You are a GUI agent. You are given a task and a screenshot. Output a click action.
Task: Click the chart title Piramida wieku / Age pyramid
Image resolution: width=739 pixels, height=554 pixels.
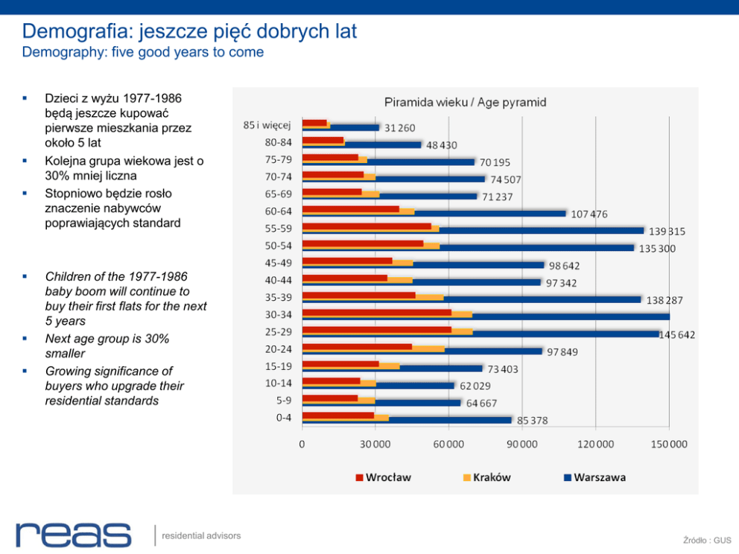click(465, 102)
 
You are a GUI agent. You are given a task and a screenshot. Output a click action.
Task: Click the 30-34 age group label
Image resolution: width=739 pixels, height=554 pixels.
click(278, 314)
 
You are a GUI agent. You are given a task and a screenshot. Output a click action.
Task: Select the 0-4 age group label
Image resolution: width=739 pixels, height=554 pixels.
click(283, 418)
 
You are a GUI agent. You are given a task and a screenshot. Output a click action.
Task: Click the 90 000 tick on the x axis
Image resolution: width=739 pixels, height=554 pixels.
click(522, 445)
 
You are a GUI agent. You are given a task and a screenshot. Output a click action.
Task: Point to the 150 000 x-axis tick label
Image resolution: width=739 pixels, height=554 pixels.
click(669, 445)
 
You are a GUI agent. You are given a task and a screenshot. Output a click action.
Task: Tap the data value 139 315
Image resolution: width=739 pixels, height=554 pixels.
click(666, 232)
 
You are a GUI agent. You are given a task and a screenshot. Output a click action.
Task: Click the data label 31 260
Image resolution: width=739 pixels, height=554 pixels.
click(400, 129)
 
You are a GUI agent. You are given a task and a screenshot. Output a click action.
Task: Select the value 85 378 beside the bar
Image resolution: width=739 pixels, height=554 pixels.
click(532, 421)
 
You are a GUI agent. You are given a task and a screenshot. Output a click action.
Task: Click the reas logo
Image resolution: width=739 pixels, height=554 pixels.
click(73, 535)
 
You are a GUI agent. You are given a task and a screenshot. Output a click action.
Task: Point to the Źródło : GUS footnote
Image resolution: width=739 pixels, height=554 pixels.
click(707, 540)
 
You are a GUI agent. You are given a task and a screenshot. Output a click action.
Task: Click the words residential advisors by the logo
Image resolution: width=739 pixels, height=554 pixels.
click(201, 535)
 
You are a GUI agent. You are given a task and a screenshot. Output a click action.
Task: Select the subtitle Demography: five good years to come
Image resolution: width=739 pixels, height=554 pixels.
click(142, 52)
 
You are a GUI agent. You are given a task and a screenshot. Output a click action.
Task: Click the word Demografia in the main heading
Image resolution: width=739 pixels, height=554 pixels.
click(71, 31)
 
